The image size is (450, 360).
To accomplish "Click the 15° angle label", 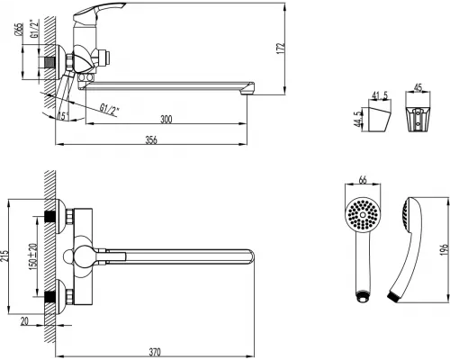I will click(x=62, y=115).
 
